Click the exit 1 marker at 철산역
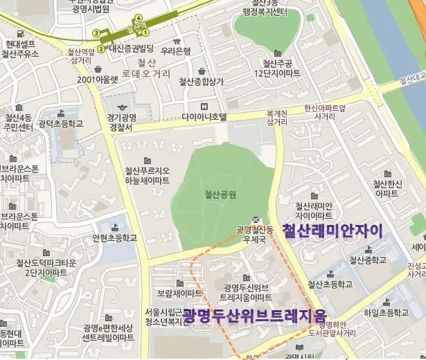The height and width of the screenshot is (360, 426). click(x=145, y=32)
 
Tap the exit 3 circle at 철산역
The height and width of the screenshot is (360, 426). click(x=96, y=32)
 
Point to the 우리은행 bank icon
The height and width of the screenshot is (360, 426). click(x=176, y=39)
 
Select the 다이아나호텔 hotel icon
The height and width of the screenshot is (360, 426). click(x=204, y=106)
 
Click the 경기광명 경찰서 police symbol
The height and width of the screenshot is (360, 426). click(x=124, y=108)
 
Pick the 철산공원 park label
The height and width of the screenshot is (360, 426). click(x=221, y=195)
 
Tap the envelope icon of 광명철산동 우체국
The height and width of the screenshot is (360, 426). click(x=257, y=218)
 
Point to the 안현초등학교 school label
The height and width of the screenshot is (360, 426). click(x=115, y=237)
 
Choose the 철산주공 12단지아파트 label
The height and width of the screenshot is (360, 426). click(x=277, y=68)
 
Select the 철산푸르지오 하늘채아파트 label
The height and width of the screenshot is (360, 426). click(x=147, y=175)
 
